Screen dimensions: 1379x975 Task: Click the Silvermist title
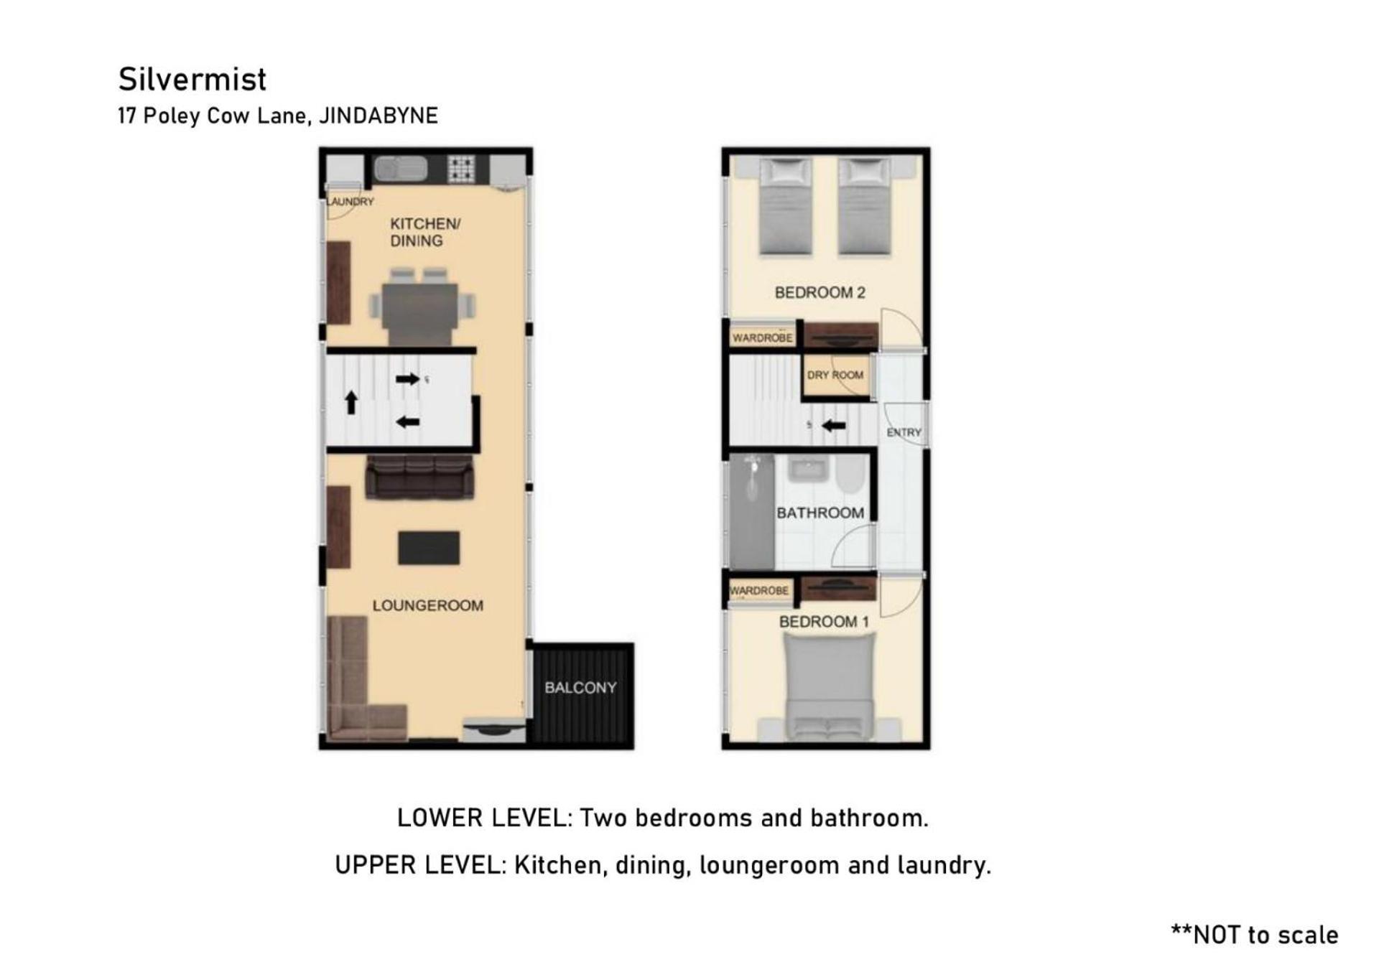tap(192, 80)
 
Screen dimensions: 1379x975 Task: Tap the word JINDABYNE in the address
tap(379, 116)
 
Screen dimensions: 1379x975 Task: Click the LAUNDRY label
tap(350, 201)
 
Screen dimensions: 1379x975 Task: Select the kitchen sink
tap(401, 169)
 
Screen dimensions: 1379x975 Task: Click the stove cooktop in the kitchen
tap(461, 169)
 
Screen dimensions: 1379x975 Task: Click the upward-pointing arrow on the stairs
tap(351, 403)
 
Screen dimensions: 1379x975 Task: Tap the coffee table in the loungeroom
tap(429, 548)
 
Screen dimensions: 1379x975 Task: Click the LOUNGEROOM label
tap(428, 605)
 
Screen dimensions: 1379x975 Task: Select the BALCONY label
tap(580, 688)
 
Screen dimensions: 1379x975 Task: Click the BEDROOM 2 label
tap(819, 292)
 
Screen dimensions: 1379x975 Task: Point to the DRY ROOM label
tap(835, 375)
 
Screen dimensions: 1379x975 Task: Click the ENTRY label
tap(904, 432)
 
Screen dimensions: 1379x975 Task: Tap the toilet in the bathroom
tap(850, 475)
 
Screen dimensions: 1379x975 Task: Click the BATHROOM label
tap(820, 513)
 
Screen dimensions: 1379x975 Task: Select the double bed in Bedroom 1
tap(830, 687)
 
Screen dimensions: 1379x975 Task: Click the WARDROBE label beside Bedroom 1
tap(759, 591)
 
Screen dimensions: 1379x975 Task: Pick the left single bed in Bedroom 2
tap(786, 207)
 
